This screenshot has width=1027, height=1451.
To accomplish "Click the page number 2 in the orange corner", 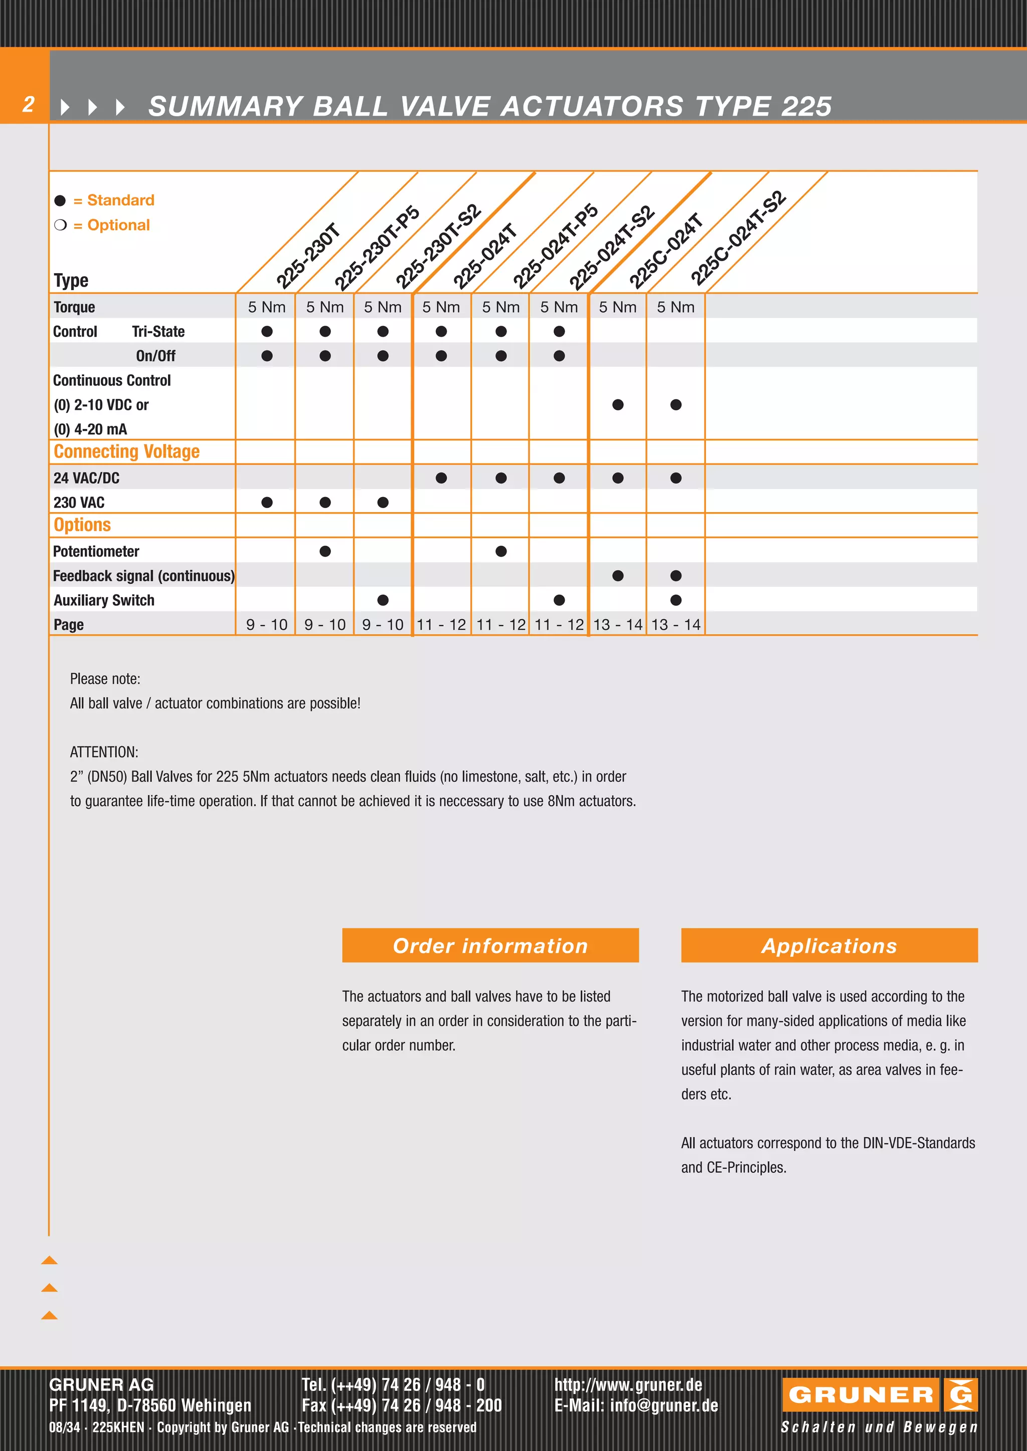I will pyautogui.click(x=28, y=104).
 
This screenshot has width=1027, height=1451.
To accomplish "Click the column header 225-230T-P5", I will pyautogui.click(x=377, y=248).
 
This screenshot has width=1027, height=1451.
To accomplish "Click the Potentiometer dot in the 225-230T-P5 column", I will pyautogui.click(x=325, y=551).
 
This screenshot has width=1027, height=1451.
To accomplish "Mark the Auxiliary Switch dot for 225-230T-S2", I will pyautogui.click(x=383, y=600).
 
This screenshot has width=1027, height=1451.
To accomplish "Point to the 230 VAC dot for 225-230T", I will pyautogui.click(x=267, y=503).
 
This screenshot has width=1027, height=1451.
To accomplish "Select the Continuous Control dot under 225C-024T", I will pyautogui.click(x=618, y=404).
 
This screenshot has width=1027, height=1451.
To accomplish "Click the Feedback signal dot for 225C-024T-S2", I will pyautogui.click(x=675, y=576).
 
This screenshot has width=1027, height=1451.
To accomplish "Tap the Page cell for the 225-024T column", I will pyautogui.click(x=441, y=624).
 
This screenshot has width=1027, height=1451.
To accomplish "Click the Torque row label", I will pyautogui.click(x=75, y=307).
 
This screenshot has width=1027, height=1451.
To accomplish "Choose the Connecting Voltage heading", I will pyautogui.click(x=126, y=452).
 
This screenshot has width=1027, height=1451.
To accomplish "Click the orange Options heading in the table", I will pyautogui.click(x=82, y=525).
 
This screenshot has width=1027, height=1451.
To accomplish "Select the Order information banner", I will pyautogui.click(x=490, y=945).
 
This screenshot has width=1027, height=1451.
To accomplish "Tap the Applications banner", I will pyautogui.click(x=829, y=945).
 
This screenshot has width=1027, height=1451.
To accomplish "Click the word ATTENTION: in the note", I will pyautogui.click(x=104, y=752).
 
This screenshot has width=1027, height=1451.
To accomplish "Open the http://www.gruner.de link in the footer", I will pyautogui.click(x=628, y=1385).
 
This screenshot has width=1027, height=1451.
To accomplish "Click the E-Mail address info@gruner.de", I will pyautogui.click(x=636, y=1405).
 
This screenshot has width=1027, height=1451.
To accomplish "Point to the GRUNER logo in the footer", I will pyautogui.click(x=879, y=1395).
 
